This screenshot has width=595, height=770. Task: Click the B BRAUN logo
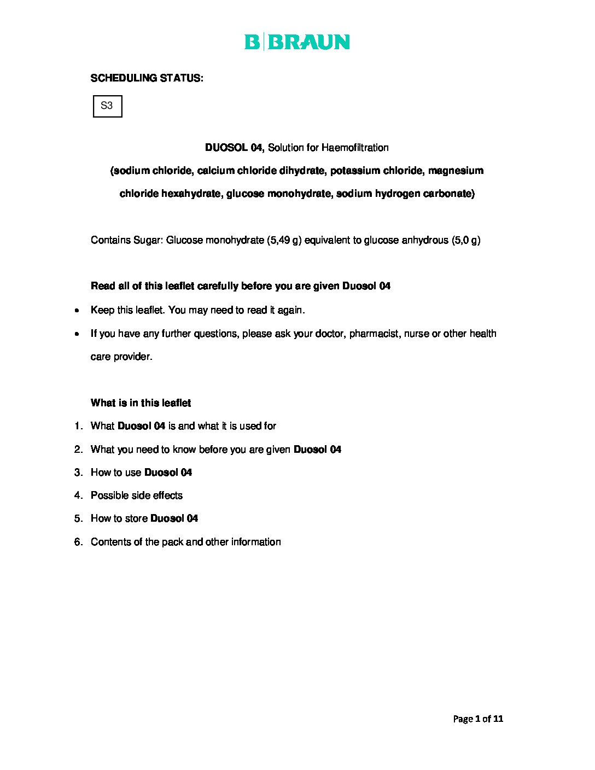point(297,42)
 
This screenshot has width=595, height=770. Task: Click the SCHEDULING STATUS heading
point(147,78)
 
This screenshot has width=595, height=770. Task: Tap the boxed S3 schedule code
point(107,106)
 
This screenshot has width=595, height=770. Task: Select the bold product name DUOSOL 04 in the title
point(234,148)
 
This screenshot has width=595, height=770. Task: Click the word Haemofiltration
point(355,148)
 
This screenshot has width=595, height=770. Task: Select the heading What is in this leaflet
point(141,403)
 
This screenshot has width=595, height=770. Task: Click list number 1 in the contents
point(78,426)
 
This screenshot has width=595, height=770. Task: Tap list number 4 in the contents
point(78,495)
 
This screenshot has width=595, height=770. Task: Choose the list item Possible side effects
point(137,495)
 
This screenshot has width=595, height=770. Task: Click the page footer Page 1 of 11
point(477,719)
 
